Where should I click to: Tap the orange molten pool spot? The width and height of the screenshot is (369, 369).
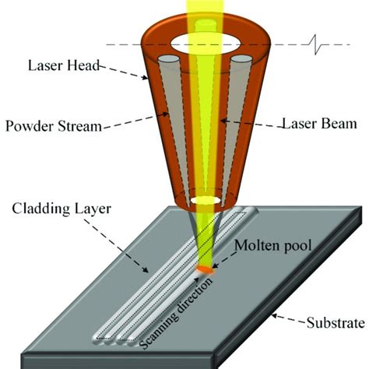click(x=205, y=269)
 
